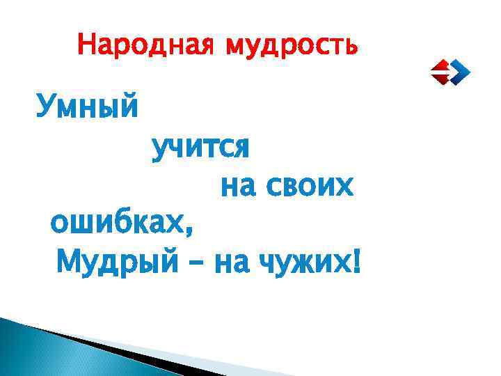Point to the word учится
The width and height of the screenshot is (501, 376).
200,148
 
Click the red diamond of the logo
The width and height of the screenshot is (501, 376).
440,71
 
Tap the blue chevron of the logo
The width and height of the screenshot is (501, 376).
460,71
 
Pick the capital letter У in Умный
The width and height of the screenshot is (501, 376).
46,109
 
